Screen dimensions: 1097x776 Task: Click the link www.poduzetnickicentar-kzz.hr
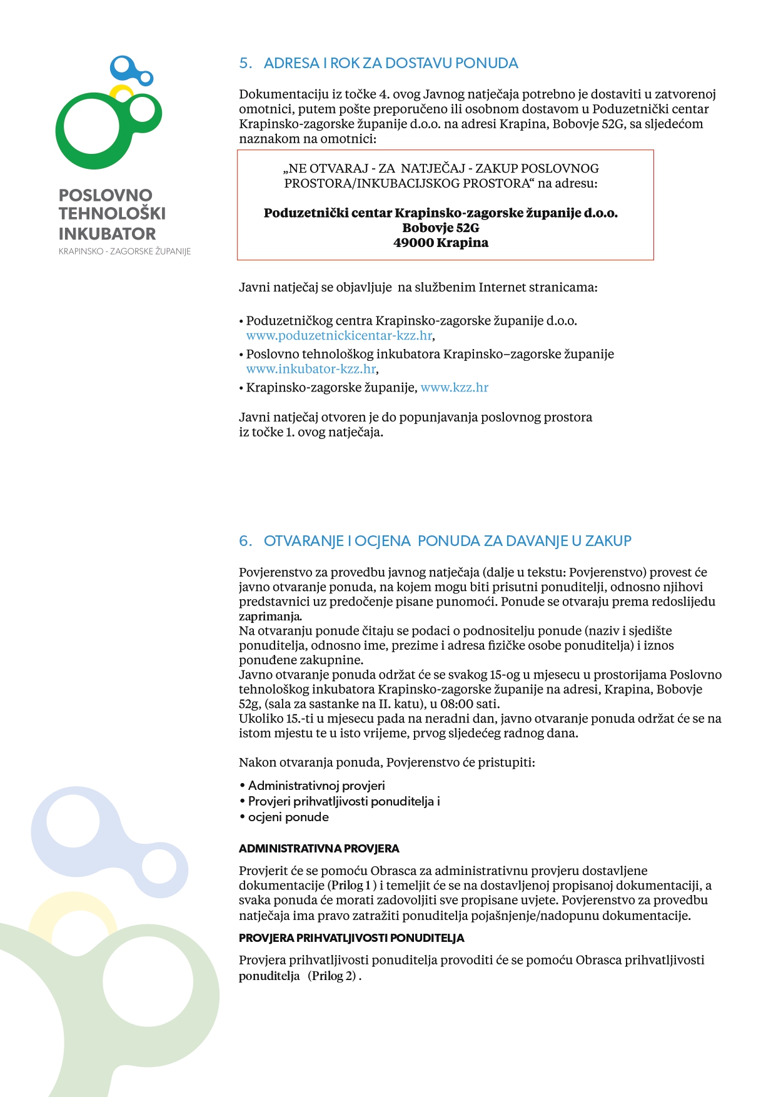click(339, 336)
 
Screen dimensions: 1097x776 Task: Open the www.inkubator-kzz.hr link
click(311, 369)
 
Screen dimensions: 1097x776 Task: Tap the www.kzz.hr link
click(454, 388)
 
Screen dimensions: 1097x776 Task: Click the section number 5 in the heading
click(244, 63)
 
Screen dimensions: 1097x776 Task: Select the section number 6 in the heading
click(244, 541)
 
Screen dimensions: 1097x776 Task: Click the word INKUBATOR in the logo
click(107, 234)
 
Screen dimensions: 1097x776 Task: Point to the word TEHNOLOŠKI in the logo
click(112, 214)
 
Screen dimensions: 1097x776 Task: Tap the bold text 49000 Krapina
click(441, 243)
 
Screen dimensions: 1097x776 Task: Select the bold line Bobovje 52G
click(441, 228)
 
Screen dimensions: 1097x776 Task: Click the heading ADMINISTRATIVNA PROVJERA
click(319, 849)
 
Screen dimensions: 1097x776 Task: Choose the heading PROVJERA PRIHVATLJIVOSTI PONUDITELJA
click(351, 938)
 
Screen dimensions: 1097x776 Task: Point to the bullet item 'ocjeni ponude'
click(288, 817)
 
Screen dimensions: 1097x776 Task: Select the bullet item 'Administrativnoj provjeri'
click(316, 786)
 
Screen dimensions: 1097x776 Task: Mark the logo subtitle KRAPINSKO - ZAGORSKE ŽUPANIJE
click(124, 251)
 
